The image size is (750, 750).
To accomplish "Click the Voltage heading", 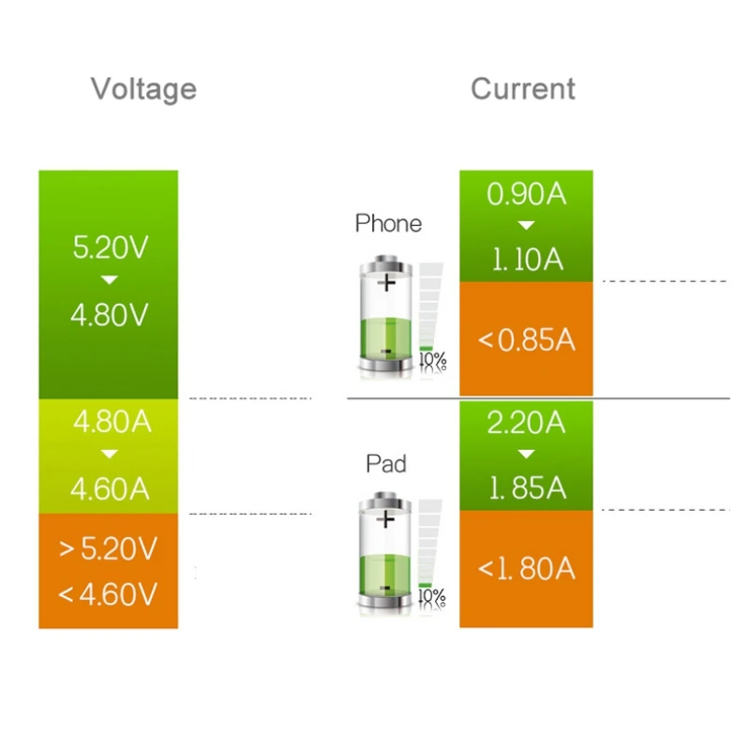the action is [x=143, y=89].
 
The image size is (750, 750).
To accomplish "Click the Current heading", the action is [x=523, y=88].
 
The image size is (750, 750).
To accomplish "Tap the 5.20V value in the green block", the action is [x=111, y=247].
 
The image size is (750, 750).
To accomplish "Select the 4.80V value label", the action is [x=110, y=315].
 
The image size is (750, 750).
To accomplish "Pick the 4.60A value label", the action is [x=110, y=488].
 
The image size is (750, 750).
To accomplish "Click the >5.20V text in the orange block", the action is [x=108, y=548].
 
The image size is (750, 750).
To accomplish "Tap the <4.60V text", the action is [x=107, y=594].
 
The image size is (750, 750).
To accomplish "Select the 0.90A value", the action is [x=526, y=194].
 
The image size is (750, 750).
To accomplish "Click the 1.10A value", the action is [x=528, y=260].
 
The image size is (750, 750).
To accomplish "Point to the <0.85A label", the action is [x=526, y=340].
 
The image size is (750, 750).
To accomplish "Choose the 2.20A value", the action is [x=526, y=423].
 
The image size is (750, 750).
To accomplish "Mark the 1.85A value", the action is [x=528, y=488].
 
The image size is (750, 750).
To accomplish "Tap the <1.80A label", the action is [x=526, y=569].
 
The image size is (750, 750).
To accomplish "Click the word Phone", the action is [x=388, y=223].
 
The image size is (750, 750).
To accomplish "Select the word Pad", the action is [x=386, y=463].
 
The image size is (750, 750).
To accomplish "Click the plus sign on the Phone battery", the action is [x=386, y=283].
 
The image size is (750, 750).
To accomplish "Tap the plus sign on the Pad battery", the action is [x=385, y=519].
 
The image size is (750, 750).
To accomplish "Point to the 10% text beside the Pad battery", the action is [x=432, y=597].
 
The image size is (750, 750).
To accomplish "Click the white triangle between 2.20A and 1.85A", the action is [x=526, y=454].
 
